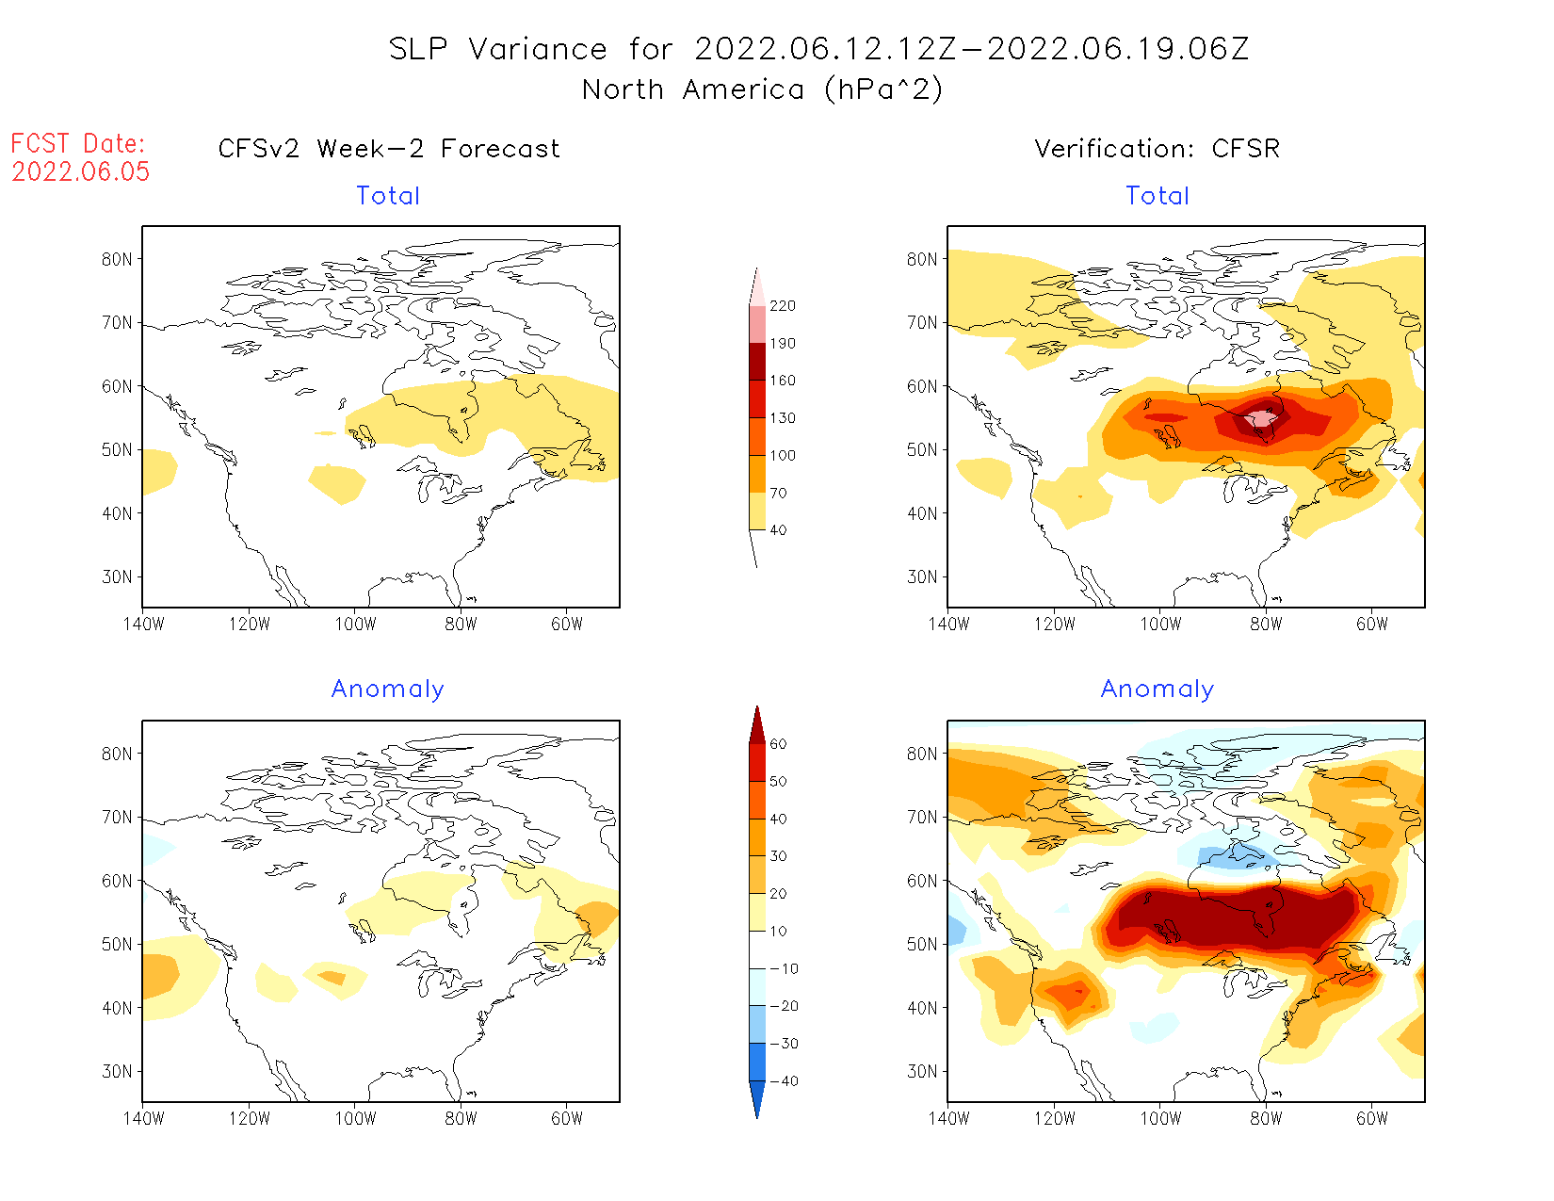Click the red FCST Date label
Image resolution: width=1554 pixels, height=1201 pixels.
[x=78, y=144]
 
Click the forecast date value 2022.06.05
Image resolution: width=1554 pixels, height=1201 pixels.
[x=81, y=171]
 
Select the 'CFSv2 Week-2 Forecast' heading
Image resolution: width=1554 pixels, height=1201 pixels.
[x=389, y=149]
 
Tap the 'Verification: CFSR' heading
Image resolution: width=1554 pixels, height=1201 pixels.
[x=1157, y=149]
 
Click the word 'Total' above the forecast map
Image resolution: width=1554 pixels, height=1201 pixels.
[x=388, y=196]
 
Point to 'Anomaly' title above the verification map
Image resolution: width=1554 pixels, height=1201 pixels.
[x=1157, y=690]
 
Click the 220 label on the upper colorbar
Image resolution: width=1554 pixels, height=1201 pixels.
[x=782, y=306]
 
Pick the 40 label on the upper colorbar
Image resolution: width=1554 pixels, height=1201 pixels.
[x=778, y=530]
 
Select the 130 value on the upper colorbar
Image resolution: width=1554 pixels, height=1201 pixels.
[x=782, y=418]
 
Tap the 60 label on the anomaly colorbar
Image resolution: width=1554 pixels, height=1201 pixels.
[x=778, y=744]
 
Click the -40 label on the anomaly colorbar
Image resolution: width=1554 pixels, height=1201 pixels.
[x=784, y=1081]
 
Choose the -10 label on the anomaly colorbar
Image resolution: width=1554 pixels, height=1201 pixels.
[x=784, y=968]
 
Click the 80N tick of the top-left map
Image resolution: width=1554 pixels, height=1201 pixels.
[x=118, y=259]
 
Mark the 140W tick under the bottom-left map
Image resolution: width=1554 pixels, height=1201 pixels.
[x=143, y=1118]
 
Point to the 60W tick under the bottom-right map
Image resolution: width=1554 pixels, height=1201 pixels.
[x=1372, y=1118]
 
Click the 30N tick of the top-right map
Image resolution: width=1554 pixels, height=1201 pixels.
[x=923, y=576]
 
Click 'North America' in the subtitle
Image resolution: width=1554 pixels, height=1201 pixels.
[x=693, y=89]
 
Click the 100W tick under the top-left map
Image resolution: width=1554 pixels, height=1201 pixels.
[x=355, y=624]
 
